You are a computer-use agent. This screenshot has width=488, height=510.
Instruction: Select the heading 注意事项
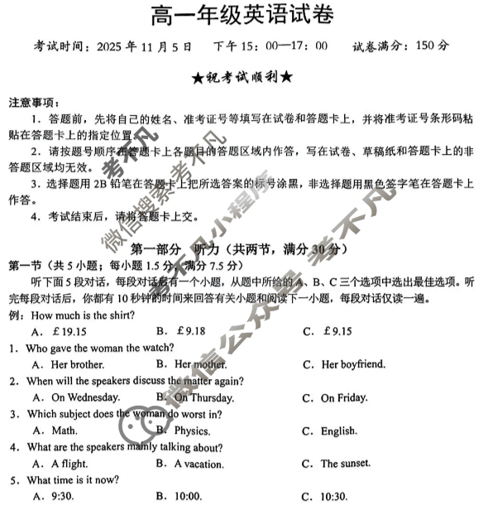pos(34,103)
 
